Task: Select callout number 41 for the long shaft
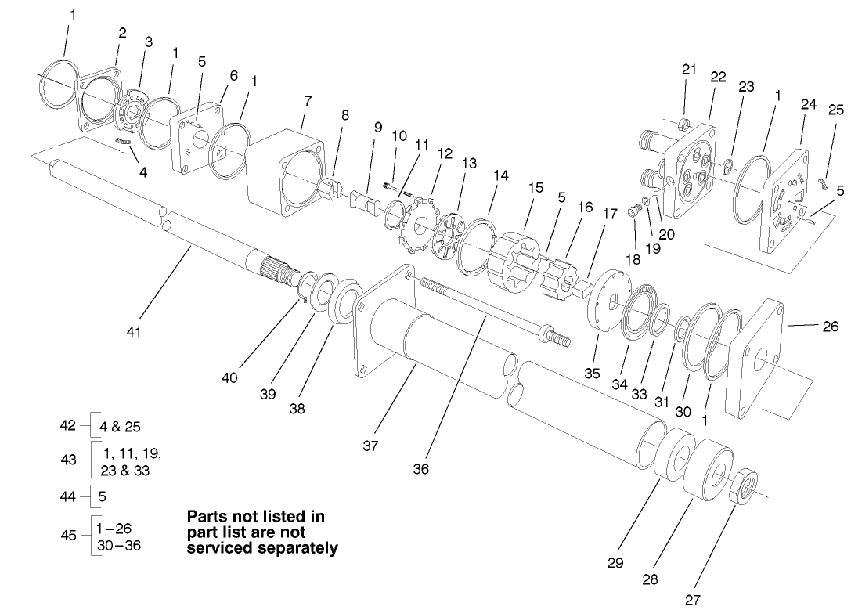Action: (x=134, y=332)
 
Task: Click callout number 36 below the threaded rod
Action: (x=420, y=469)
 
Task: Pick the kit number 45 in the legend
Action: (x=69, y=535)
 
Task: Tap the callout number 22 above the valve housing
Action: (x=717, y=77)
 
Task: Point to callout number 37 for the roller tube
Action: (x=370, y=446)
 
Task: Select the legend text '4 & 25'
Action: (x=121, y=427)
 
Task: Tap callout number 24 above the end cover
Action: (x=809, y=103)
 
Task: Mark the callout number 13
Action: (x=469, y=163)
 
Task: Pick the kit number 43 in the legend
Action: (x=69, y=460)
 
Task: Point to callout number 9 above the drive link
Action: (x=378, y=126)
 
